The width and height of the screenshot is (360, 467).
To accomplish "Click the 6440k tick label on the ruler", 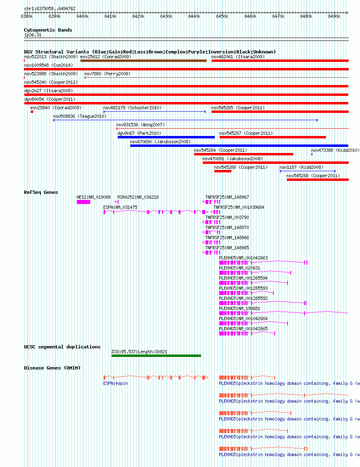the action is coord(194,16).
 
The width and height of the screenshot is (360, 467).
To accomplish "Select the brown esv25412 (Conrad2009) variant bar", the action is coord(144,61).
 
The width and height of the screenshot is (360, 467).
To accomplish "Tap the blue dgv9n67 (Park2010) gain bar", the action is coord(166,137).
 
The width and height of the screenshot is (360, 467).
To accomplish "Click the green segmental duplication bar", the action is coord(156,356).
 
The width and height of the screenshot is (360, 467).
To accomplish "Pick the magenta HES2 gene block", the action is coord(83,202).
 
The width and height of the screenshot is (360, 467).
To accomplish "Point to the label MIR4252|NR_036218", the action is coord(138,197).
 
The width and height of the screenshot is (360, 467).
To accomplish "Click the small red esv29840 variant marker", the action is coord(32,112).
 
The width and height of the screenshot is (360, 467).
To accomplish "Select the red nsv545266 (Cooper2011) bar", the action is coord(223,171).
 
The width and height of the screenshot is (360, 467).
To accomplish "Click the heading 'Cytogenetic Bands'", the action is coord(48,30).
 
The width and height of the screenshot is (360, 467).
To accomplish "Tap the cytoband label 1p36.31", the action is coord(33,35).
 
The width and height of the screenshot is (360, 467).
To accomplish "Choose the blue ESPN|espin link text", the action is coord(116,383).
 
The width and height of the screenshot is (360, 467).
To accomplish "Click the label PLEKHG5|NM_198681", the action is coord(239,308).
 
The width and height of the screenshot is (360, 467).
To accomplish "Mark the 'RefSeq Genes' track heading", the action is coord(41,192).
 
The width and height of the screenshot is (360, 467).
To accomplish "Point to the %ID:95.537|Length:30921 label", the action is coord(140,352).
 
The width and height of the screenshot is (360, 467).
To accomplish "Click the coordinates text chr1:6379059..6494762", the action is coord(50,8).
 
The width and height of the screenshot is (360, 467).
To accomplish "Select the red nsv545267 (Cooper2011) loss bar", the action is coord(273,137).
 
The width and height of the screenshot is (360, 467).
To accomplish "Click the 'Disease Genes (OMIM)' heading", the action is coord(53,368).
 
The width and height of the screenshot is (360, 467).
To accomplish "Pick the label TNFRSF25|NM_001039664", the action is coord(239,207).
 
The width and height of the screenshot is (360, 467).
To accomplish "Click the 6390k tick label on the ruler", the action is coord(55,16).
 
